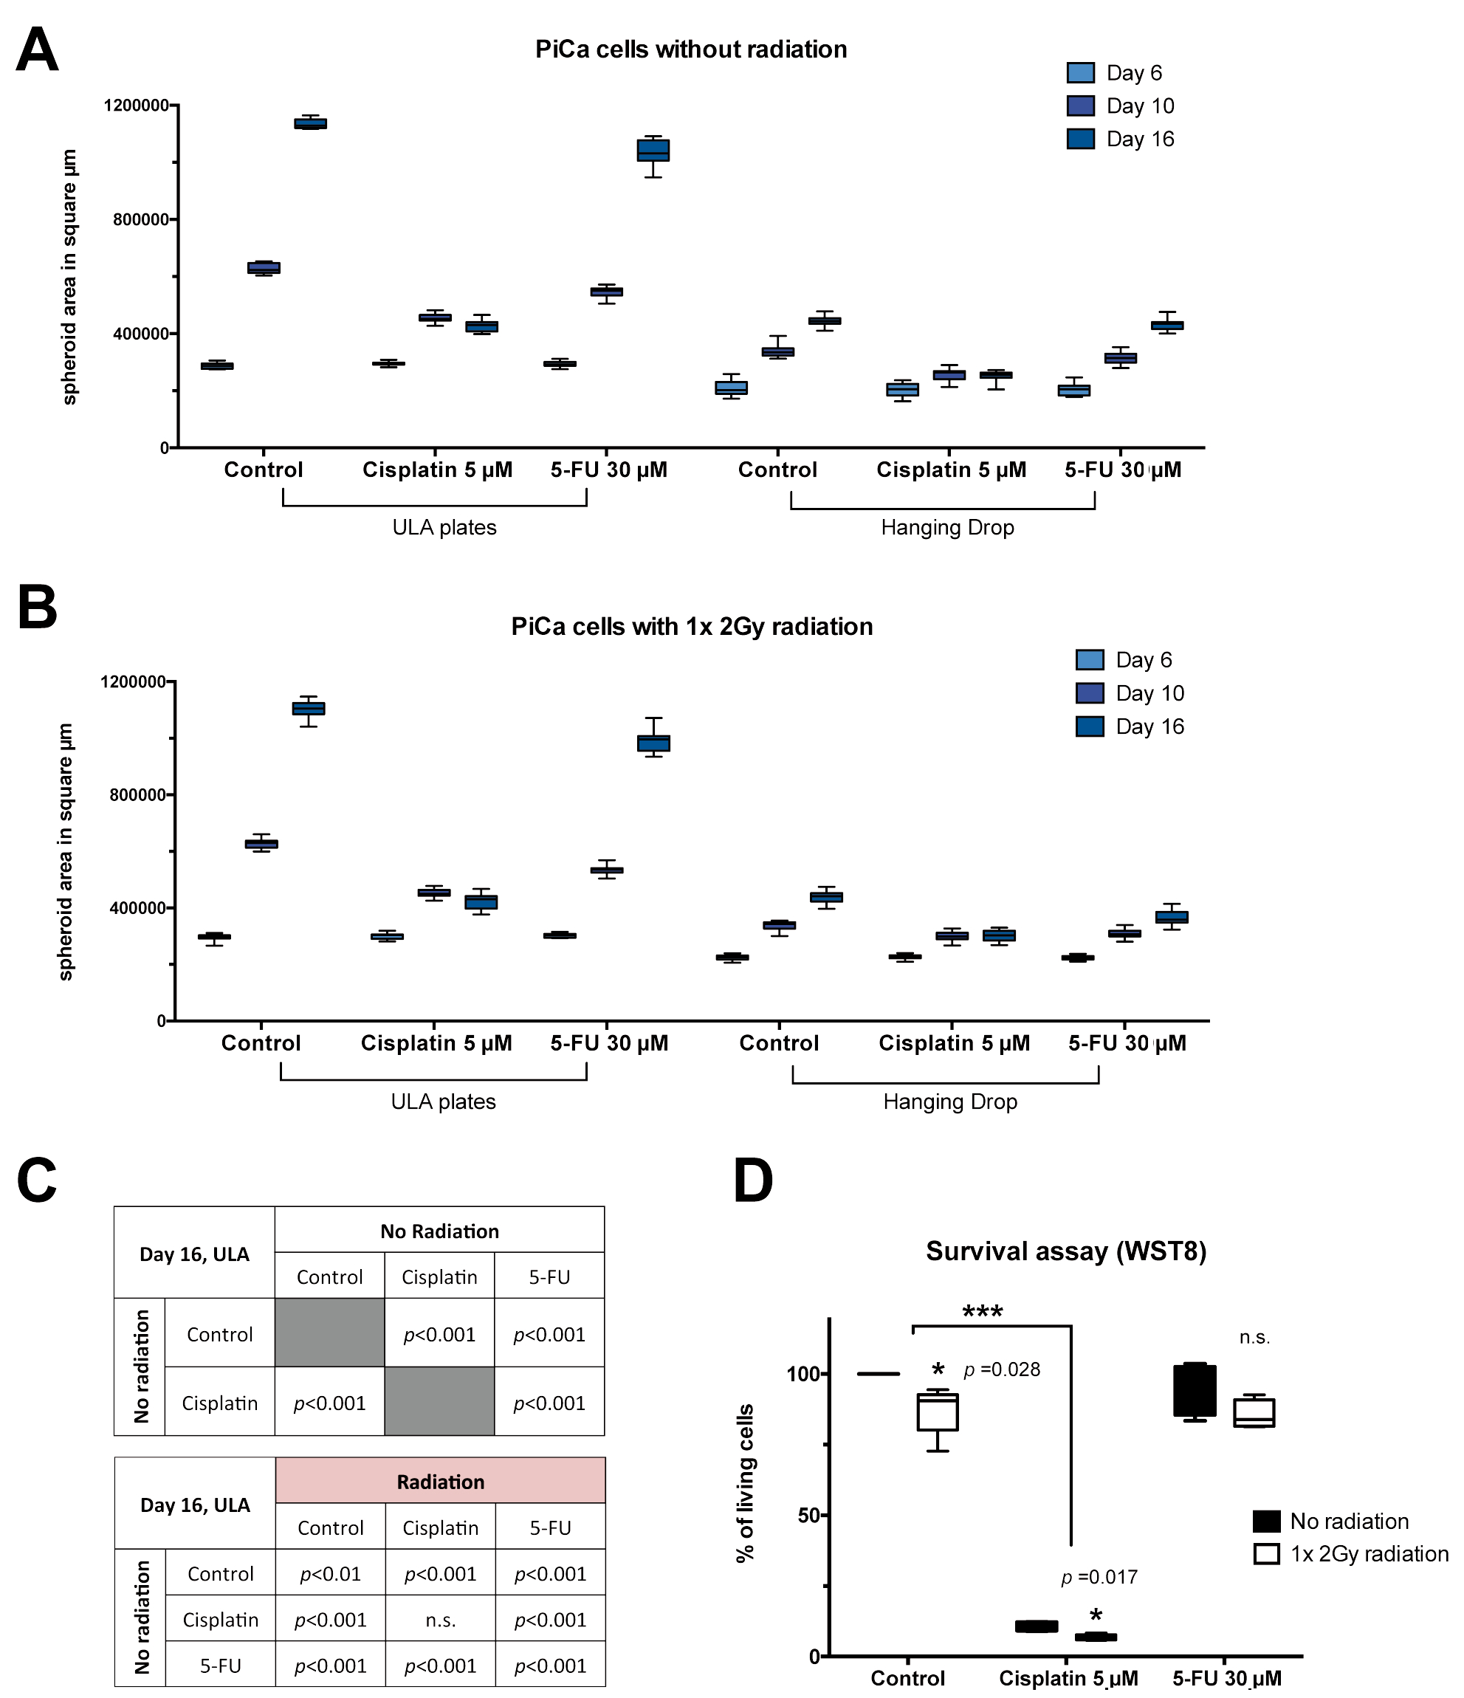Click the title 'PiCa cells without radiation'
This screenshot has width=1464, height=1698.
point(690,50)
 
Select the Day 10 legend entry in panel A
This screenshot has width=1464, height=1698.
point(1120,106)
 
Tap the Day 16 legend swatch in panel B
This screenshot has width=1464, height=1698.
point(1090,726)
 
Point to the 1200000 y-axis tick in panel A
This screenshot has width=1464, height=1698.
point(136,105)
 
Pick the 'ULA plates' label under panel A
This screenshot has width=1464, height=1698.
point(444,527)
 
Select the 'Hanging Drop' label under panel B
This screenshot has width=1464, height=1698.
point(949,1101)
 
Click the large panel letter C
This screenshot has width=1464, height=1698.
point(37,1181)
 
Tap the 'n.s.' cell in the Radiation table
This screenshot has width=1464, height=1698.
point(440,1619)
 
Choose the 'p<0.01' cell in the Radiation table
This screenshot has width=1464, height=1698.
point(330,1573)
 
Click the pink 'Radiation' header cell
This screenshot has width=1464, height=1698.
point(440,1482)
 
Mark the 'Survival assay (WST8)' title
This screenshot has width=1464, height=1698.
point(1065,1251)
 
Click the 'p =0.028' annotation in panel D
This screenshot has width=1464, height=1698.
point(1001,1369)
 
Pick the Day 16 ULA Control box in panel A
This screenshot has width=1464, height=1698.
point(311,124)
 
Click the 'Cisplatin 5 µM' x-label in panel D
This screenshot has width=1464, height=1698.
point(1068,1678)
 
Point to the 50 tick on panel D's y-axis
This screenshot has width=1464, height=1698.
point(808,1514)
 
